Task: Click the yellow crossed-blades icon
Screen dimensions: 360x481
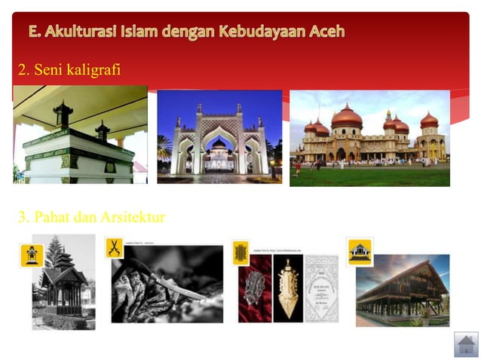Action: point(115,248)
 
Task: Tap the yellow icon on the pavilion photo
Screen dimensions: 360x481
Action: point(31,255)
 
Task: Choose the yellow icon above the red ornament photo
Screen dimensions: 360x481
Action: point(240,251)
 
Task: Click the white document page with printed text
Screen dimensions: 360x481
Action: point(321,288)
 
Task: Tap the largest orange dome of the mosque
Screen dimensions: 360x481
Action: point(347,117)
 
